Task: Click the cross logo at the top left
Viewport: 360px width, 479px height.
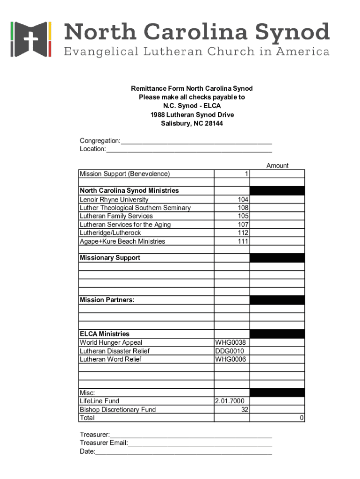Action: (x=30, y=39)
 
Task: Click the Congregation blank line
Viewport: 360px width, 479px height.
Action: (x=196, y=141)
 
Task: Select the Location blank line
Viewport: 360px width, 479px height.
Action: (x=189, y=150)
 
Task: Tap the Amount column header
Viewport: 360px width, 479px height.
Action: (x=277, y=166)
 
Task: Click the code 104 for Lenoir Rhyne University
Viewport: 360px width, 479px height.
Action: (x=243, y=199)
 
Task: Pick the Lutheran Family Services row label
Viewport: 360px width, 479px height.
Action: (x=116, y=216)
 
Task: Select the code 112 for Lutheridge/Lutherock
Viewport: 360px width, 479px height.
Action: (x=243, y=233)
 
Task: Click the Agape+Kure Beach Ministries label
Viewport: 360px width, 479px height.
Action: (x=122, y=241)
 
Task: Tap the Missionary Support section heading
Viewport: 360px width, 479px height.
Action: (x=110, y=258)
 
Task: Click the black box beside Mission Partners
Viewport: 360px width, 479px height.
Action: (x=277, y=300)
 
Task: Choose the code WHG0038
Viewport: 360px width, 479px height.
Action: (x=230, y=342)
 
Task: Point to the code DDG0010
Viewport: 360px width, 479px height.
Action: (x=230, y=351)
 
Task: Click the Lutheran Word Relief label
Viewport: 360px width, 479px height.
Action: (x=110, y=359)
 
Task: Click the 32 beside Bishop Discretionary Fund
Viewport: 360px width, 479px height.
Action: (x=245, y=409)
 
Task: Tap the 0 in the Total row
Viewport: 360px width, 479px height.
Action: (x=302, y=418)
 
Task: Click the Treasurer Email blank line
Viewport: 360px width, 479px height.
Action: (x=200, y=443)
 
